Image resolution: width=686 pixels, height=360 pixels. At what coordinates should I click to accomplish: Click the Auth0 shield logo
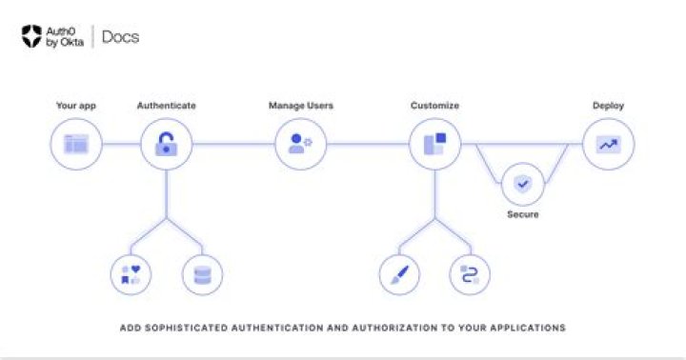31,37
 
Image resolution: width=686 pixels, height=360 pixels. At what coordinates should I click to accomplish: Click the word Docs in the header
120,37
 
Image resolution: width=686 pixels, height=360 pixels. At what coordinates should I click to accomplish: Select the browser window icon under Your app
75,145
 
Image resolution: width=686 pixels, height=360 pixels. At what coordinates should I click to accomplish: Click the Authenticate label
167,106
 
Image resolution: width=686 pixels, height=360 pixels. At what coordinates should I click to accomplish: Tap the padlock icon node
167,145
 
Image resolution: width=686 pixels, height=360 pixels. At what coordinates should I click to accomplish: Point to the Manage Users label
300,106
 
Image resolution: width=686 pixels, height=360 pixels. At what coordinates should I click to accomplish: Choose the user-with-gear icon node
301,145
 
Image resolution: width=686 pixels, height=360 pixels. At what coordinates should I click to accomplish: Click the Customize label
434,106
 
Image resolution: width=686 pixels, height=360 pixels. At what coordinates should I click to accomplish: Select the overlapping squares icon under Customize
435,145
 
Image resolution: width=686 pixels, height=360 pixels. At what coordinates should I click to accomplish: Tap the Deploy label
608,106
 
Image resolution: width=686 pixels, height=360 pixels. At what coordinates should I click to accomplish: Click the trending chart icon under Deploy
608,145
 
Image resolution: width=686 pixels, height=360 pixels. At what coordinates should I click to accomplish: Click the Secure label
522,215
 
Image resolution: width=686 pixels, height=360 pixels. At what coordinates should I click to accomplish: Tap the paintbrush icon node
400,274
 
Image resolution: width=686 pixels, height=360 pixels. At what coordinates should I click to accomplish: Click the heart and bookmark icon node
131,274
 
